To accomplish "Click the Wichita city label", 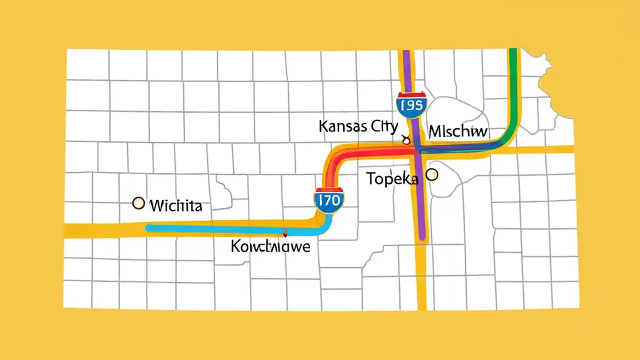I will point(175,205).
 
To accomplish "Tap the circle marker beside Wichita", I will point(138,203).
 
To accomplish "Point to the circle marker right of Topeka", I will point(431,174).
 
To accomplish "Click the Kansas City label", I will point(358,126).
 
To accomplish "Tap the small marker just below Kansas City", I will point(406,141).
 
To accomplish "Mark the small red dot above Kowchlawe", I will point(285,232).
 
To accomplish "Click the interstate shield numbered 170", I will point(328,200).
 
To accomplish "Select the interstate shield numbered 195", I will point(411,104).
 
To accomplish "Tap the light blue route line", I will point(225,229).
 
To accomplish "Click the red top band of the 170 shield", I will point(328,190).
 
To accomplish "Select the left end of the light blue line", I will point(148,228).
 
